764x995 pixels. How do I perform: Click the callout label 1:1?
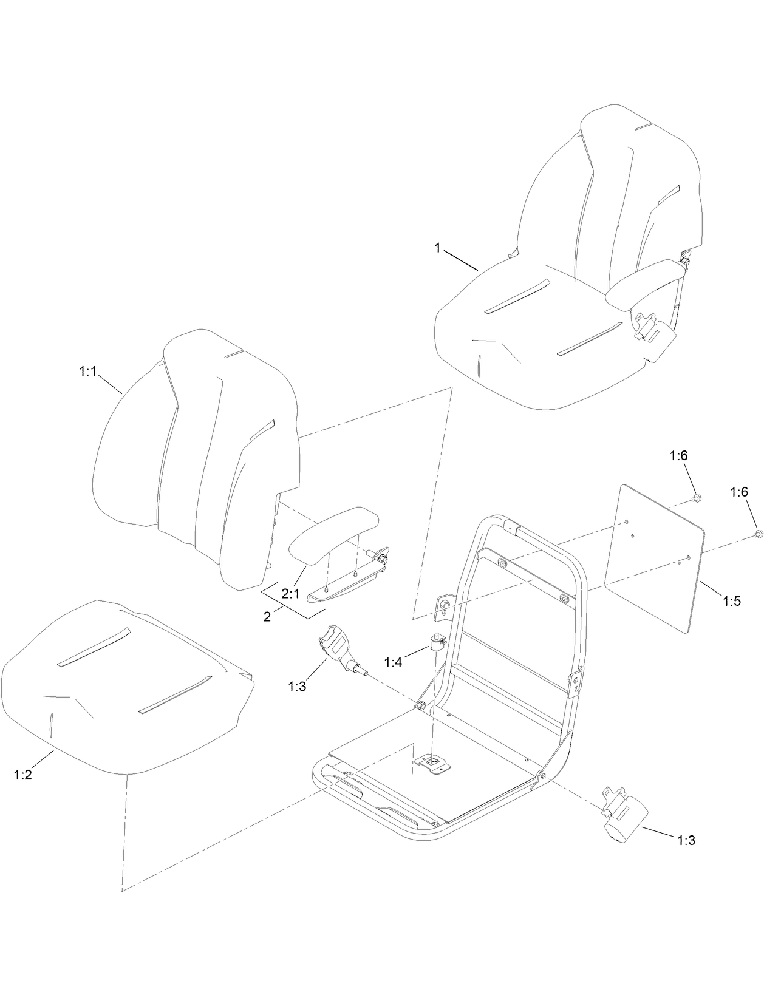[88, 372]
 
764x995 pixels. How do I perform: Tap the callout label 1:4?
[393, 661]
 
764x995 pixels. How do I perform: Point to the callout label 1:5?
[732, 601]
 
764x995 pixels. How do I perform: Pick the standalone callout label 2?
[267, 617]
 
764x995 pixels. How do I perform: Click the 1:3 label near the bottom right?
[686, 840]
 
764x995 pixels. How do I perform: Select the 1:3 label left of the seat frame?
[298, 686]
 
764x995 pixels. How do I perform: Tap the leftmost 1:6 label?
[679, 455]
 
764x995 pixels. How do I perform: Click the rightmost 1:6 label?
[739, 492]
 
